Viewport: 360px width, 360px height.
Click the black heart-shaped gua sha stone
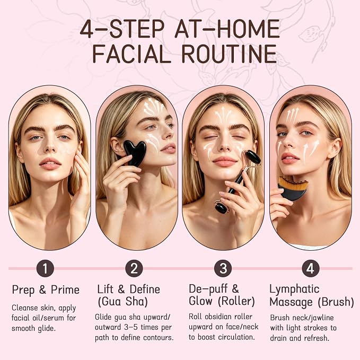pyautogui.click(x=135, y=153)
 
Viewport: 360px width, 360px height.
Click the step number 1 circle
pyautogui.click(x=45, y=268)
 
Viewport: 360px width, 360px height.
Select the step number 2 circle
pyautogui.click(x=134, y=268)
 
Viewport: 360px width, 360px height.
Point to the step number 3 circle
pyautogui.click(x=223, y=268)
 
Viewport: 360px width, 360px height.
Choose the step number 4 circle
pyautogui.click(x=310, y=268)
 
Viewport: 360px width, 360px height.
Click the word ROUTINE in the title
pyautogui.click(x=229, y=54)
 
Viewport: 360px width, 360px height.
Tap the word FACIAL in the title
pyautogui.click(x=132, y=54)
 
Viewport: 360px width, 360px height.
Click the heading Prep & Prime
pyautogui.click(x=46, y=290)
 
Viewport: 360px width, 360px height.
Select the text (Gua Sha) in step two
pyautogui.click(x=122, y=302)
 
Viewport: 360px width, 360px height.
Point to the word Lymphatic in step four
pyautogui.click(x=294, y=289)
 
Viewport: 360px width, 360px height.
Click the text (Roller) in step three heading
pyautogui.click(x=238, y=302)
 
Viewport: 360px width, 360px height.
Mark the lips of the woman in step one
pyautogui.click(x=50, y=163)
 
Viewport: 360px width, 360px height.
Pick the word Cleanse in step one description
pyautogui.click(x=22, y=308)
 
